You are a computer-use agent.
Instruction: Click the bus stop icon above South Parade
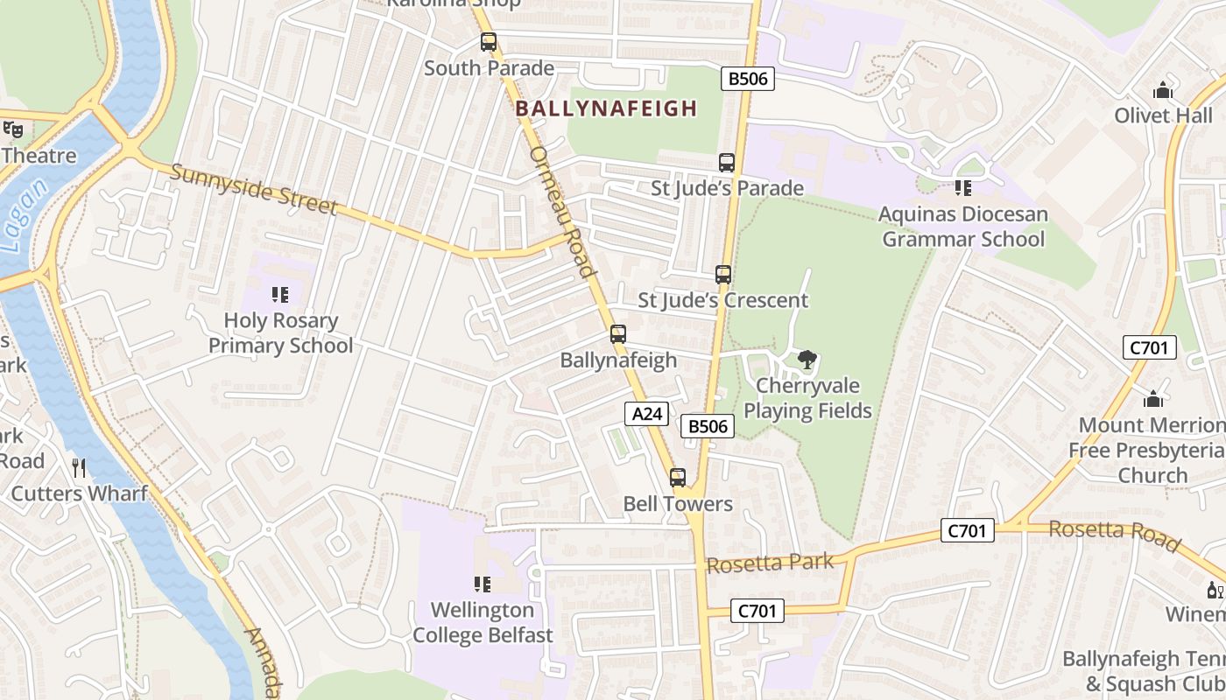pyautogui.click(x=489, y=42)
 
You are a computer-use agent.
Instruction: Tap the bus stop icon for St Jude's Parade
pyautogui.click(x=726, y=162)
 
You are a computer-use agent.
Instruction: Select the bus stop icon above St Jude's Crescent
pyautogui.click(x=722, y=275)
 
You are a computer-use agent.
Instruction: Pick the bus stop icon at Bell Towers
pyautogui.click(x=677, y=478)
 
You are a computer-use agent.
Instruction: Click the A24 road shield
pyautogui.click(x=646, y=414)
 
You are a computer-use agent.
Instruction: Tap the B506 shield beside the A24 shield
pyautogui.click(x=707, y=426)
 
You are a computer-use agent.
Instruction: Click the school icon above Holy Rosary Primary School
pyautogui.click(x=280, y=295)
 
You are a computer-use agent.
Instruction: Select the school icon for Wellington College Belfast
pyautogui.click(x=482, y=584)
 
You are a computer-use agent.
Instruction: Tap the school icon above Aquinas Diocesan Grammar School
pyautogui.click(x=963, y=187)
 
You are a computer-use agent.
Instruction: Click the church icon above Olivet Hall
pyautogui.click(x=1163, y=90)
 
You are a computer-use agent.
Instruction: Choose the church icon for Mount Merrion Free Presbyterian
pyautogui.click(x=1153, y=399)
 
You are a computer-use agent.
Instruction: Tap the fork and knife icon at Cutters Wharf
pyautogui.click(x=79, y=468)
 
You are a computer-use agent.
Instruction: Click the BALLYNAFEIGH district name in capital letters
pyautogui.click(x=606, y=108)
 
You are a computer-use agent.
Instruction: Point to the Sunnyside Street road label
pyautogui.click(x=253, y=189)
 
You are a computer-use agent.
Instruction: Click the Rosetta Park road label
pyautogui.click(x=770, y=563)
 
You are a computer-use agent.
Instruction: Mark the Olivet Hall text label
pyautogui.click(x=1163, y=115)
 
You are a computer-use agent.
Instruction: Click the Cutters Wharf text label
pyautogui.click(x=79, y=493)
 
